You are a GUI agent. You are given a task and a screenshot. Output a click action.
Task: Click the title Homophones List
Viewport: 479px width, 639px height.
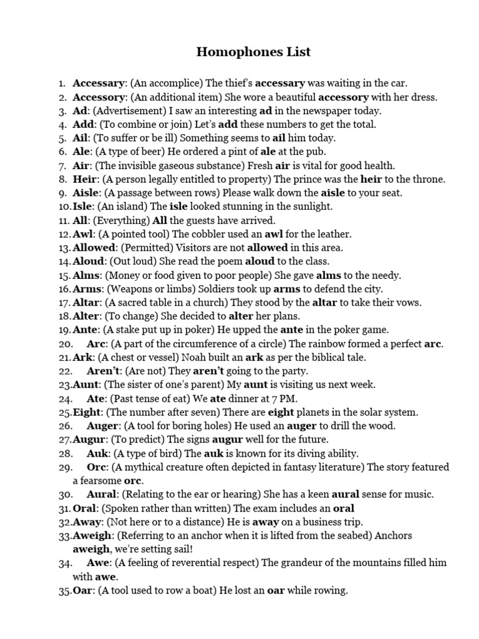click(x=253, y=52)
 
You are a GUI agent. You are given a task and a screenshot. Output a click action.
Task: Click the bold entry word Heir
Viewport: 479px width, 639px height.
click(x=84, y=179)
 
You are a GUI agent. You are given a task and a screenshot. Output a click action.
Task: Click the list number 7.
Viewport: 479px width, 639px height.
click(x=62, y=165)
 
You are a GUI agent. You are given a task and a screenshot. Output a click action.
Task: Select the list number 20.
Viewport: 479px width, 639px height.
click(x=65, y=344)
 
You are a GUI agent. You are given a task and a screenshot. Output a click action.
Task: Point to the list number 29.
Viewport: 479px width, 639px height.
click(x=65, y=467)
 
